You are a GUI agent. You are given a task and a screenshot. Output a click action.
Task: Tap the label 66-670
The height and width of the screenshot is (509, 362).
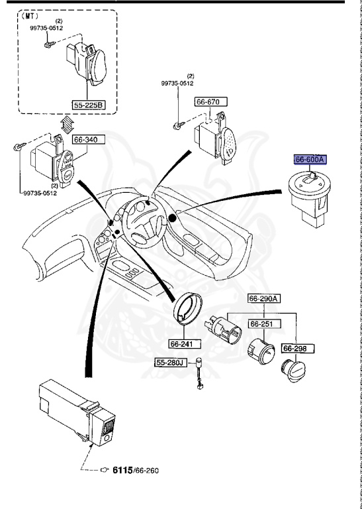(x=210, y=102)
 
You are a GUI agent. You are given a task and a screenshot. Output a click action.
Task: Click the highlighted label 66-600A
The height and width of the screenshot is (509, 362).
(x=310, y=160)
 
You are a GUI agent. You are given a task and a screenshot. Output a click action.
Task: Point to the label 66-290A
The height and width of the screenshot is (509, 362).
(x=264, y=298)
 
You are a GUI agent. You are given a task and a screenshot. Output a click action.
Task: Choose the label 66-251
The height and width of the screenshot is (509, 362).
(x=263, y=323)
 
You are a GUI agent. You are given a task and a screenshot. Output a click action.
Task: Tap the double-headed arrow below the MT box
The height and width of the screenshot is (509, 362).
(x=66, y=124)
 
